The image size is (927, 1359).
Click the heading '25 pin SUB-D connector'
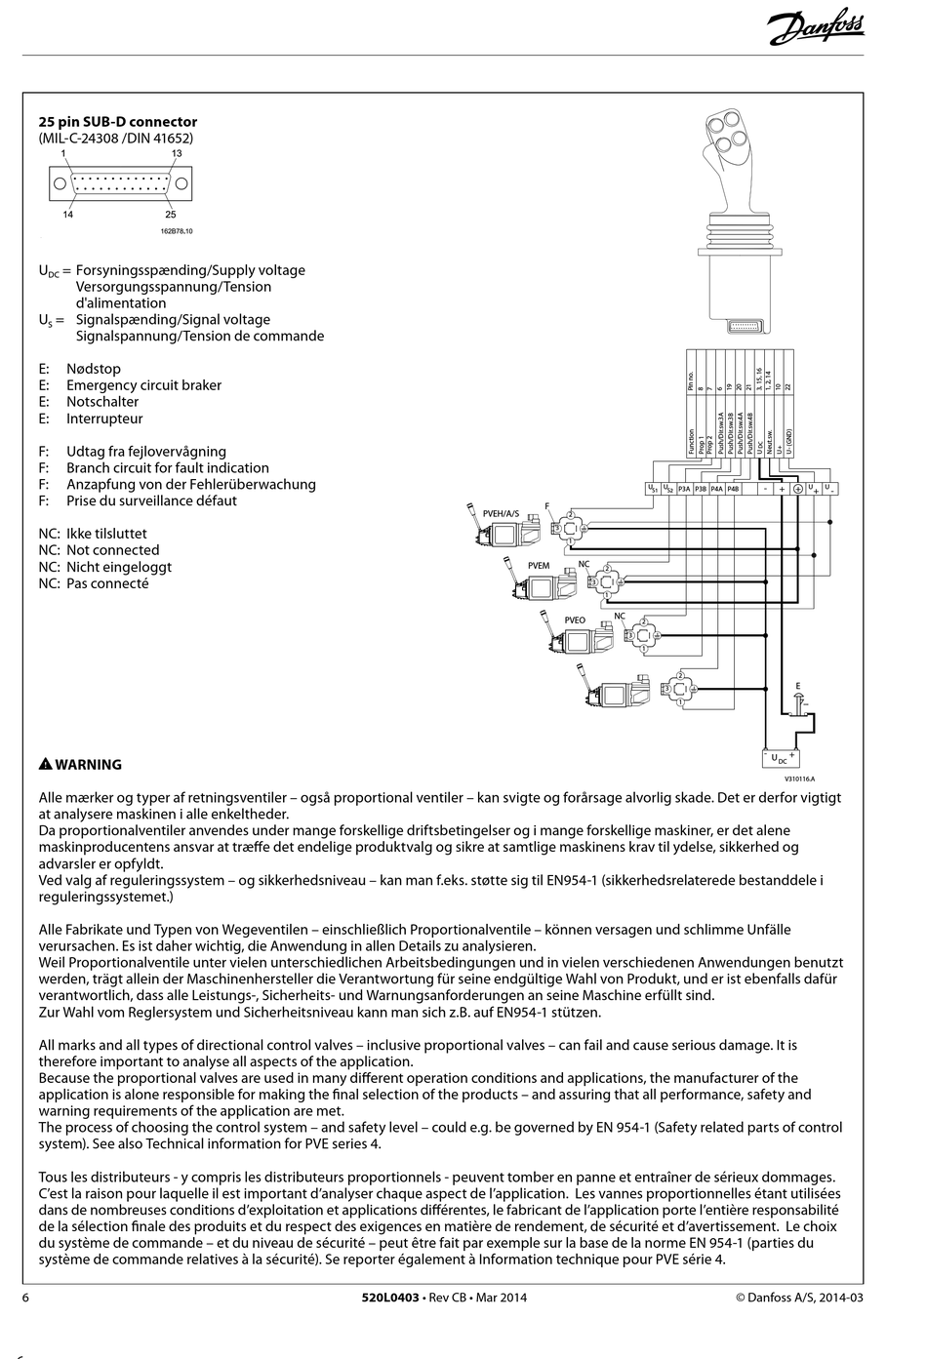point(118,122)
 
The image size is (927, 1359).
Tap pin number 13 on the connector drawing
point(177,153)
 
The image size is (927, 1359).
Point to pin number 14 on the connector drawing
point(68,215)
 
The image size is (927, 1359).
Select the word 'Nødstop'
point(94,369)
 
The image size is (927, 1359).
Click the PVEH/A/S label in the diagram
point(501,512)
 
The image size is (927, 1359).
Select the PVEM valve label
point(538,566)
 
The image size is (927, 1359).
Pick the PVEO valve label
point(575,620)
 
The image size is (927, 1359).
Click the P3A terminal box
point(684,489)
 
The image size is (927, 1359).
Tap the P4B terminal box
point(733,489)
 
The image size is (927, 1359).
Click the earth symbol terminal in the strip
point(796,489)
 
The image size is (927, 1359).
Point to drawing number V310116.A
point(799,779)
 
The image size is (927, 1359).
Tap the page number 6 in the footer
point(26,1298)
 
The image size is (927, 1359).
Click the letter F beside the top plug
point(546,506)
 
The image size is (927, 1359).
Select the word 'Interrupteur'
point(104,419)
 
